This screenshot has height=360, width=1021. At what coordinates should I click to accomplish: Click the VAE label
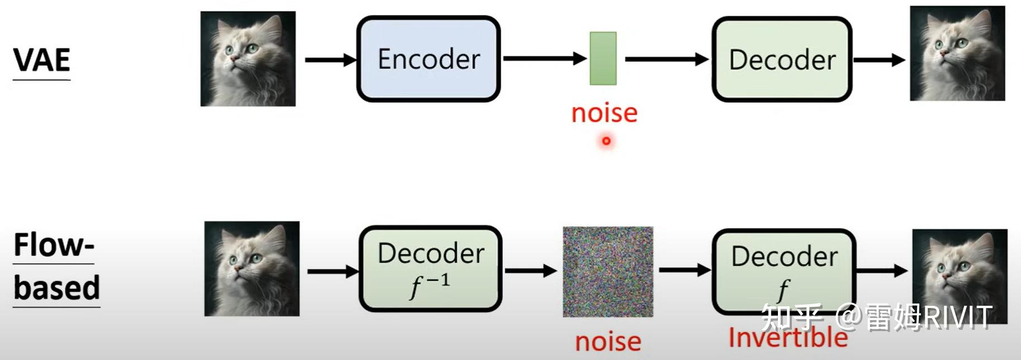[42, 60]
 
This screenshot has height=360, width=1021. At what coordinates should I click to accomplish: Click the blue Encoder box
[429, 59]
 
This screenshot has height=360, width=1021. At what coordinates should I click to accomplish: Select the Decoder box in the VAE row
[782, 59]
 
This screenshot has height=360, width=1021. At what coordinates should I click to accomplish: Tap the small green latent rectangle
[603, 59]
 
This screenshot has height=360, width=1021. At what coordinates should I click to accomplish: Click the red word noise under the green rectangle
[604, 113]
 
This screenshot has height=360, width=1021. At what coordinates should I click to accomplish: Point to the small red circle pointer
[606, 141]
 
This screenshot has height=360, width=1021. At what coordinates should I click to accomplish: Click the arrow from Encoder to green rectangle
[544, 58]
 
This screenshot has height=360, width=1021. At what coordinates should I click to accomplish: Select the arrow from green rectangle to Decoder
[666, 59]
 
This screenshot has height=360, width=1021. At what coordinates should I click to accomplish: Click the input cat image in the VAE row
[248, 59]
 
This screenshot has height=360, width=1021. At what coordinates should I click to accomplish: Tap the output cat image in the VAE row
[957, 54]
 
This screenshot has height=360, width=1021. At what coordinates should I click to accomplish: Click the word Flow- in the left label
[54, 245]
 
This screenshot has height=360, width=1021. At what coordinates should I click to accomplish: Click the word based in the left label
[56, 288]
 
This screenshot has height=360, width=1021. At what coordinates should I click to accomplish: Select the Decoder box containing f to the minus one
[430, 269]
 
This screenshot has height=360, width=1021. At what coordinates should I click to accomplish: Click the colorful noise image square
[608, 272]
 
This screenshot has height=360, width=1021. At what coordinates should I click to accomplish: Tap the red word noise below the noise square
[608, 342]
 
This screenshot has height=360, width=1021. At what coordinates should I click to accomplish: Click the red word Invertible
[788, 338]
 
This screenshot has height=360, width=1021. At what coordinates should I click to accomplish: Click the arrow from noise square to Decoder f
[684, 271]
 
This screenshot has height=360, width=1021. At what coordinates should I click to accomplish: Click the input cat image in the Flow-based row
[252, 269]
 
